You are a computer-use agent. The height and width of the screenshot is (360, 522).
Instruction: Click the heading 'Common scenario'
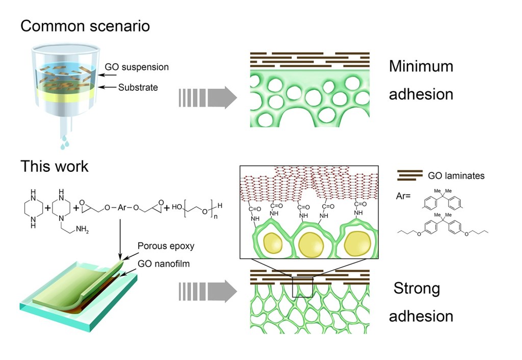85,25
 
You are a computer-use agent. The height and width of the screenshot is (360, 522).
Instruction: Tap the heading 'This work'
54,166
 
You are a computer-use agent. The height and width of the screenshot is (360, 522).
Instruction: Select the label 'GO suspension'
136,67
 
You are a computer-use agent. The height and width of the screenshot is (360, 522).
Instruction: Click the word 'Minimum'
421,67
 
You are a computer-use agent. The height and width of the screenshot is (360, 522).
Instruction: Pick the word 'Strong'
416,289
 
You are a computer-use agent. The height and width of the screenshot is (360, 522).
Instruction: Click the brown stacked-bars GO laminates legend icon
409,175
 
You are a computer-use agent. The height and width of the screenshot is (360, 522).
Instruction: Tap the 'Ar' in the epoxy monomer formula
122,209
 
